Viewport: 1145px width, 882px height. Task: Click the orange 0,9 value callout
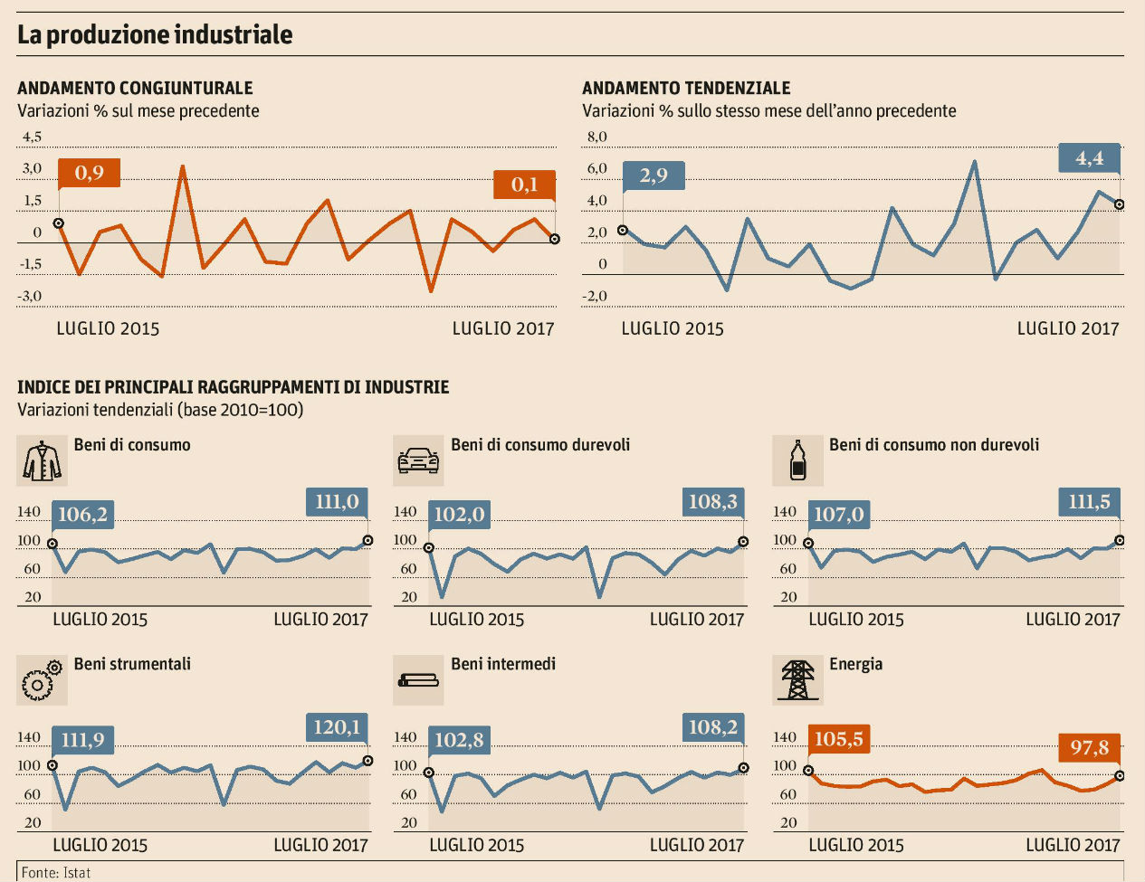click(x=89, y=173)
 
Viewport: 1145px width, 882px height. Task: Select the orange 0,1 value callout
click(x=524, y=185)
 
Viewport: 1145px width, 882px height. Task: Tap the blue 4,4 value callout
click(x=1089, y=158)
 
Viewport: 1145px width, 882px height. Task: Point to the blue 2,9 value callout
click(x=654, y=175)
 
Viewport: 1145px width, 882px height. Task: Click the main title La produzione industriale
click(x=155, y=35)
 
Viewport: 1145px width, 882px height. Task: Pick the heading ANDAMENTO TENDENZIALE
click(x=686, y=88)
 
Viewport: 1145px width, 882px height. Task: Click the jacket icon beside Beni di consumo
click(x=42, y=460)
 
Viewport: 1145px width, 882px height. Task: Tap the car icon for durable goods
click(x=418, y=460)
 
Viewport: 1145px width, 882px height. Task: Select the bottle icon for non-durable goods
click(x=797, y=460)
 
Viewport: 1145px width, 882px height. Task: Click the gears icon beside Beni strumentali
click(x=42, y=680)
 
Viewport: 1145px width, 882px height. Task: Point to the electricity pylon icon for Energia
click(x=797, y=680)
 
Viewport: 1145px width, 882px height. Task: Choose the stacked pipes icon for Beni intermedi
click(x=418, y=680)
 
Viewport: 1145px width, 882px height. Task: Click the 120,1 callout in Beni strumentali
click(x=337, y=727)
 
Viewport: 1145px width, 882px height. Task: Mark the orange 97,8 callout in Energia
click(x=1089, y=748)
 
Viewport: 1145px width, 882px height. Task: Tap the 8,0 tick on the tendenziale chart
click(x=597, y=137)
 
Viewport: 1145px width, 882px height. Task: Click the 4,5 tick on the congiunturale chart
click(x=32, y=137)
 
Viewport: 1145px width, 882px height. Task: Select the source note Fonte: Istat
click(x=56, y=873)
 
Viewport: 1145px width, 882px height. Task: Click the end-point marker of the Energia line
click(x=1120, y=775)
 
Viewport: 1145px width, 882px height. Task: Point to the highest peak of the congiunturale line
click(x=183, y=166)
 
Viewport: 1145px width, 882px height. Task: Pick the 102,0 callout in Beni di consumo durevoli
click(x=459, y=515)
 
